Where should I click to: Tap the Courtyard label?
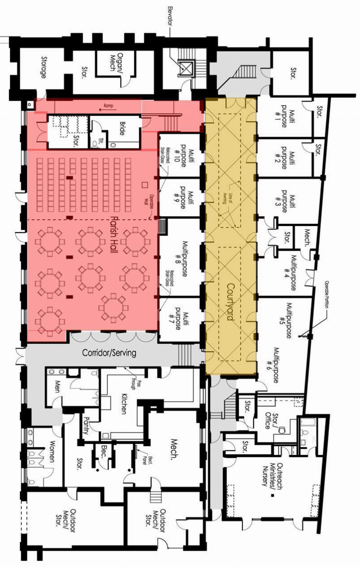click(230, 306)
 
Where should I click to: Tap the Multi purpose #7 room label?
click(182, 319)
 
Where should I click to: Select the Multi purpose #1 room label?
click(288, 118)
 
